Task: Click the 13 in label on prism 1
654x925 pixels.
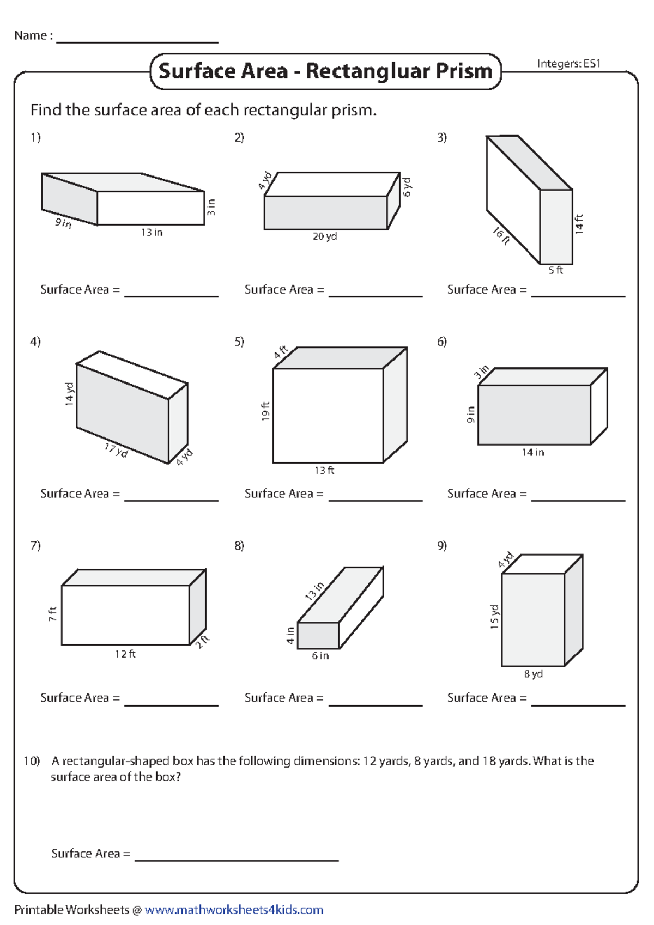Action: (x=152, y=233)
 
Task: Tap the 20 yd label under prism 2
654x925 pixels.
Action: (x=325, y=236)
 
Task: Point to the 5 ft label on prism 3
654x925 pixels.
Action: (x=555, y=270)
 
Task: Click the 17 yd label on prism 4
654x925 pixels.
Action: (x=116, y=451)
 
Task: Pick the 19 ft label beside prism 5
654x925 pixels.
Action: (x=265, y=411)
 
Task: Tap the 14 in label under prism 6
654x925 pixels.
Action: (x=532, y=452)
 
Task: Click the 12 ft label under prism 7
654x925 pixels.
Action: (x=125, y=654)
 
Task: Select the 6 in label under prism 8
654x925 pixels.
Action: (x=320, y=656)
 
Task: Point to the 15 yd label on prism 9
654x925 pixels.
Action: (x=494, y=617)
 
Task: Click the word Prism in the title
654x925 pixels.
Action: (x=464, y=71)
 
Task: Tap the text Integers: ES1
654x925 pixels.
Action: (x=568, y=64)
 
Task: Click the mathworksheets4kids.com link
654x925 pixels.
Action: (x=234, y=910)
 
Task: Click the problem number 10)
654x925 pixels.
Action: (x=32, y=761)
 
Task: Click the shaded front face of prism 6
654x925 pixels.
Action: (x=534, y=415)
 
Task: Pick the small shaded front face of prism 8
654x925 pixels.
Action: (x=318, y=635)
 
